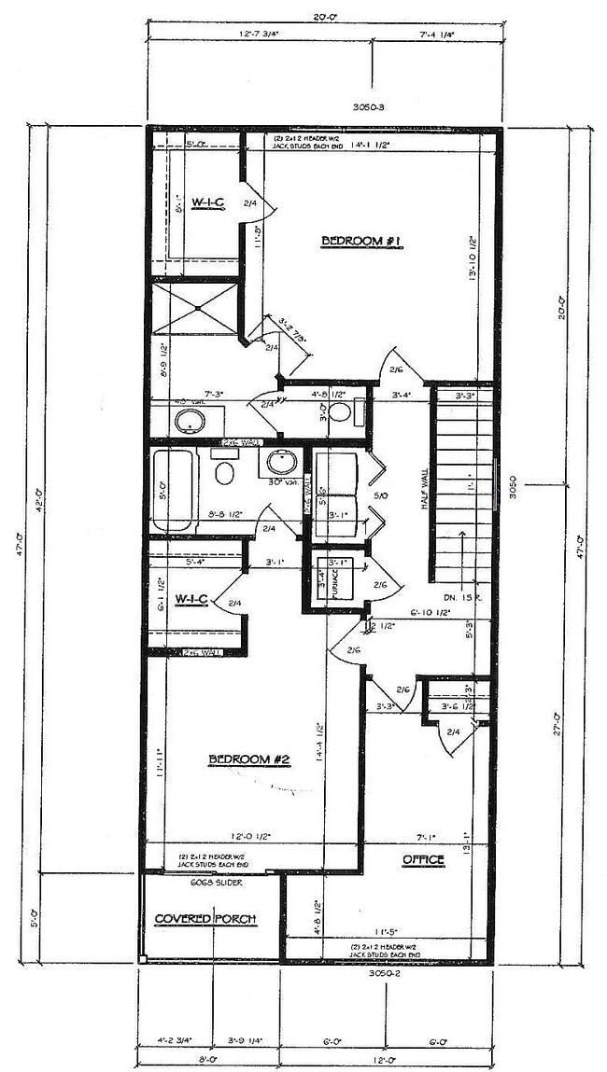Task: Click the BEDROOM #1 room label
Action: tap(360, 241)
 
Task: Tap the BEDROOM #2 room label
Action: tap(249, 760)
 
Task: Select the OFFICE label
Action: tap(423, 859)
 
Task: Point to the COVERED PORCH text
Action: tap(205, 919)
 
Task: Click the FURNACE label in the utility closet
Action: tap(318, 588)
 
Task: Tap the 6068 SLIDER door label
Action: tap(211, 882)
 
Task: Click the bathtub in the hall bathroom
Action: tap(174, 490)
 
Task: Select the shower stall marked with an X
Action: tap(197, 308)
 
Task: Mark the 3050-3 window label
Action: tap(370, 107)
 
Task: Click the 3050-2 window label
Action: tap(385, 972)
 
